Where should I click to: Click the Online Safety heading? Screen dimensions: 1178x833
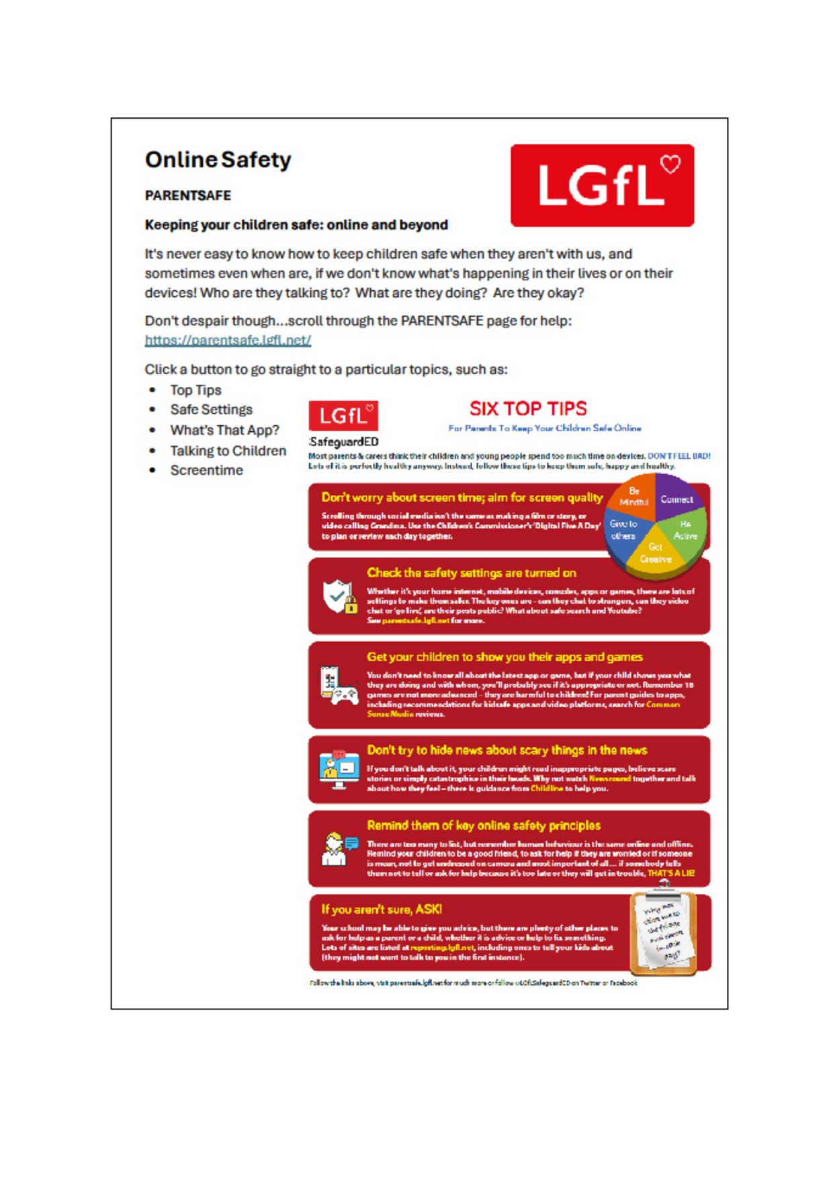click(218, 160)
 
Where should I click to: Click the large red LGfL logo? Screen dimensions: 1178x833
click(602, 185)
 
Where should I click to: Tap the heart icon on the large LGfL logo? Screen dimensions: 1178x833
click(670, 163)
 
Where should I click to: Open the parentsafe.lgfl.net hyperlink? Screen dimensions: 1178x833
click(228, 341)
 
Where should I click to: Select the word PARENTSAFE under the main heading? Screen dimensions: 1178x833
click(188, 195)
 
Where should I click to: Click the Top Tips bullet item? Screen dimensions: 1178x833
click(195, 390)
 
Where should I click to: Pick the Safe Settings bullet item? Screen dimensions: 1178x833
click(211, 410)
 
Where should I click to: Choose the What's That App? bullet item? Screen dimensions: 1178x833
click(224, 431)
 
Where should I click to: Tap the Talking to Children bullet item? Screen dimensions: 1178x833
click(228, 451)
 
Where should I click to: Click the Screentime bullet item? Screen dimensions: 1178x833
click(206, 470)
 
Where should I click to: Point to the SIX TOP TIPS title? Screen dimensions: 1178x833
click(528, 408)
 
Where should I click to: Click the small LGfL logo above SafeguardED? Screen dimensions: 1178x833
click(343, 416)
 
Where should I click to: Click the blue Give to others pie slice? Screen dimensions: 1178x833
click(623, 530)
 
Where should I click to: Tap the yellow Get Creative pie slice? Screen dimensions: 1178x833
click(655, 553)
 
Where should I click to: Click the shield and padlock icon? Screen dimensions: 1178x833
click(340, 596)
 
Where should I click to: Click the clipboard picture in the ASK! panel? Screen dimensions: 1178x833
click(664, 933)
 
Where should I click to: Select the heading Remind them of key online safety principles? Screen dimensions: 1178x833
click(484, 825)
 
